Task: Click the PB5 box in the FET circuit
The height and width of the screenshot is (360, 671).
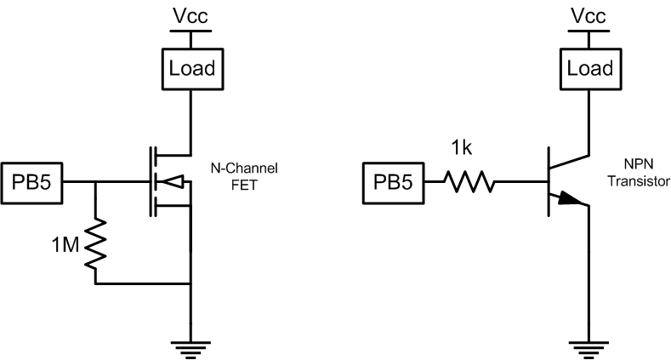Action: [x=32, y=181]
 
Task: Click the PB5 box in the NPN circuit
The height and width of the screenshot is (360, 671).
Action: [x=396, y=181]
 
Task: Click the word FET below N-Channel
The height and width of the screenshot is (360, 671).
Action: [x=244, y=182]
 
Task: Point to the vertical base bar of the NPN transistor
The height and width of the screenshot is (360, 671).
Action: [x=550, y=180]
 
